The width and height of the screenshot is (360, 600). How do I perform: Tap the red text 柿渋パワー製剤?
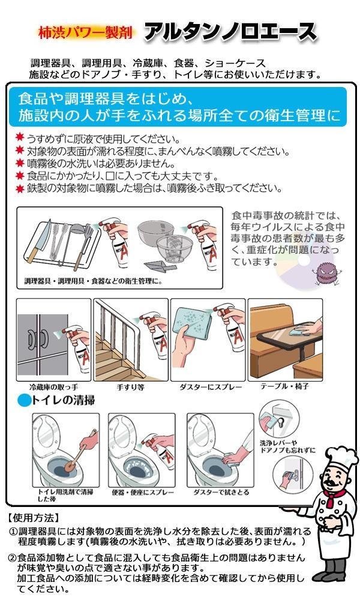tap(86, 32)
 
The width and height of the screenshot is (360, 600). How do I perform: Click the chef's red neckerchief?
tap(334, 497)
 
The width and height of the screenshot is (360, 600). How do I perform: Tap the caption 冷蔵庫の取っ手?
tap(54, 387)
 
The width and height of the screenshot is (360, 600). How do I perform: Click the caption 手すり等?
tap(130, 387)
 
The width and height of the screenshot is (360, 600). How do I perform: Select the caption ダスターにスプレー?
tap(211, 387)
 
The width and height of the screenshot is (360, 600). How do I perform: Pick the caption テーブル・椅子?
tap(284, 386)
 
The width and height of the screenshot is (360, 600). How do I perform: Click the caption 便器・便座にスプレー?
tap(142, 493)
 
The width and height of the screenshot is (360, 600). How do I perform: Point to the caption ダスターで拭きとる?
tap(221, 493)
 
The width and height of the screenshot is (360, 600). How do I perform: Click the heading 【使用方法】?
tap(34, 518)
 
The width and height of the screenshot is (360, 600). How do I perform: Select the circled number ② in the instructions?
tap(13, 557)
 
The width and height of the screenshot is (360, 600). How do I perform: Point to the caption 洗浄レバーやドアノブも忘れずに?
tap(287, 446)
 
